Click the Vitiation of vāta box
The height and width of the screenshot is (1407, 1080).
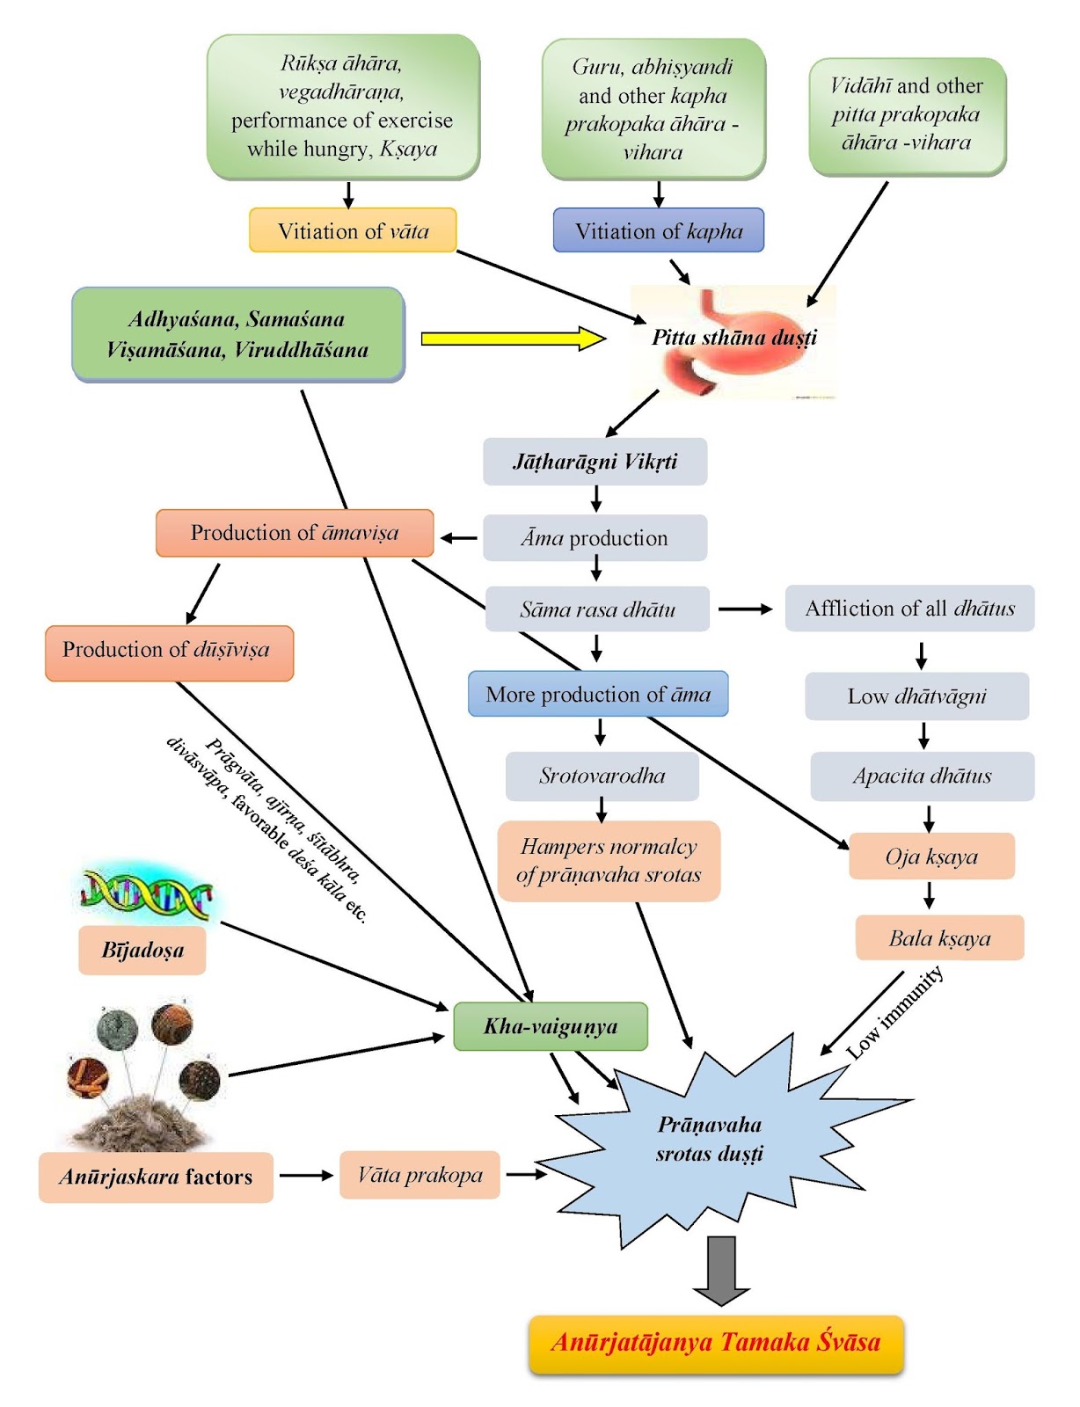353,230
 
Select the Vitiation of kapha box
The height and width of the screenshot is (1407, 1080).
658,230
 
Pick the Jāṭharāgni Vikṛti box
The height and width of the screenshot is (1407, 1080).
595,462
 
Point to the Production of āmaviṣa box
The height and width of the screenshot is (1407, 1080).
295,533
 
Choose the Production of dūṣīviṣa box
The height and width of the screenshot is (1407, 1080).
169,652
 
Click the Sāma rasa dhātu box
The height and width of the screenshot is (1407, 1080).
597,609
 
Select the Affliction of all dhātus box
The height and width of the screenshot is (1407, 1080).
909,609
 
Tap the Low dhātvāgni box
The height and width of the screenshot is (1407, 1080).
916,696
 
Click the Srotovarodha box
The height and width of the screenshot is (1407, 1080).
602,776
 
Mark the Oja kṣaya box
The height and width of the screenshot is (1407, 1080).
931,857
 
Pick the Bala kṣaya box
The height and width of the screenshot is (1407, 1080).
939,938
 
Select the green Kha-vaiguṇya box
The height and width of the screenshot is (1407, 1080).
551,1026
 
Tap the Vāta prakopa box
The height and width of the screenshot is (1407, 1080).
420,1175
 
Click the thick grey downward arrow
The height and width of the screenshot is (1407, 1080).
721,1270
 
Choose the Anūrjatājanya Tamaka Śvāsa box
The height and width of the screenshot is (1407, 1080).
716,1343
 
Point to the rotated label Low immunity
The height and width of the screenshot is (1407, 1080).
894,1012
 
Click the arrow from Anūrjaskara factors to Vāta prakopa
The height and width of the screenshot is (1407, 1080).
306,1175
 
